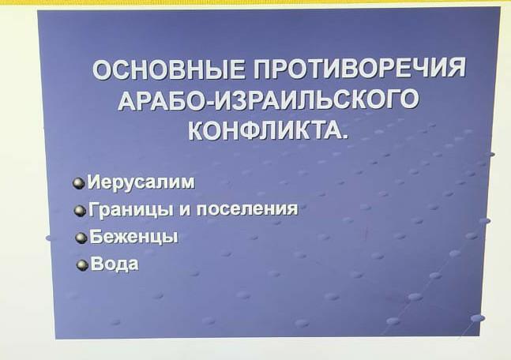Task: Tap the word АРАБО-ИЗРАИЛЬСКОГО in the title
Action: [268, 99]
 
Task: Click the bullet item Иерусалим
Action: [143, 182]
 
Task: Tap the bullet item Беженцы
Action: [133, 237]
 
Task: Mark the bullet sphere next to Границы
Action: [80, 212]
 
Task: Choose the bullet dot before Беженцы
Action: [81, 239]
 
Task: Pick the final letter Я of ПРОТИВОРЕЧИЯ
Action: [455, 67]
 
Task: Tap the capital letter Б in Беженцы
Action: [96, 236]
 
